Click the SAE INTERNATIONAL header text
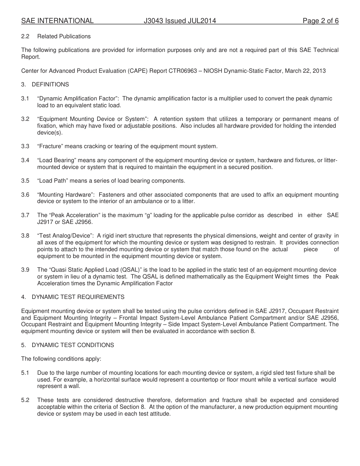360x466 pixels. tap(57, 21)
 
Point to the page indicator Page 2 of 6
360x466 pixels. tap(321, 21)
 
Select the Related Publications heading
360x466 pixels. tap(64, 36)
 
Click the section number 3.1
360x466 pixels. tap(25, 99)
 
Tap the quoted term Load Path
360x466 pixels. tap(53, 181)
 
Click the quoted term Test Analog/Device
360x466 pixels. tap(65, 236)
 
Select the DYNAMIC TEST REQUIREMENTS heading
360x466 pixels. tap(78, 297)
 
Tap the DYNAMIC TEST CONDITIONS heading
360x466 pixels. tap(73, 345)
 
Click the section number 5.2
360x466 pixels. tap(25, 400)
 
